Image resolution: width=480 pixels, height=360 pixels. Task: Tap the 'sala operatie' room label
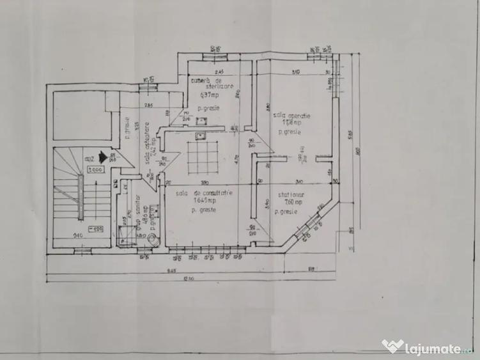point(291,116)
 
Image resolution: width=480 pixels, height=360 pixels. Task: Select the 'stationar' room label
point(291,194)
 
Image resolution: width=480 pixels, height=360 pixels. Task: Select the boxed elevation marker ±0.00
point(97,171)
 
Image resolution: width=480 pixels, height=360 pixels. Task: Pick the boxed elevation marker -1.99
point(96,229)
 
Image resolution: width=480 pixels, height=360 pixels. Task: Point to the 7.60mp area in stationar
point(286,203)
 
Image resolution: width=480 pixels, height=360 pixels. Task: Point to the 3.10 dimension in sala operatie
point(295,72)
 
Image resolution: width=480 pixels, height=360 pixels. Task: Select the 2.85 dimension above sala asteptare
point(148,105)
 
